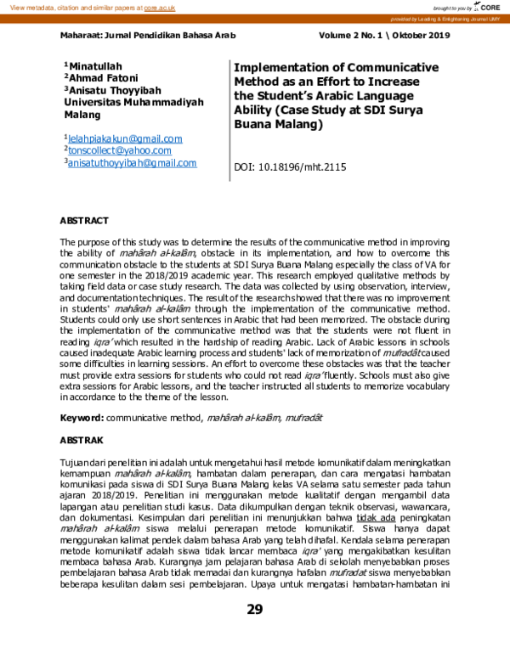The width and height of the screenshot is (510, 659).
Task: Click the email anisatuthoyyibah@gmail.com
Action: point(133,163)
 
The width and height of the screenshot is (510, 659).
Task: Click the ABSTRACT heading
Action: point(84,221)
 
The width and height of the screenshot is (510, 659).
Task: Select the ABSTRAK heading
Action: point(82,441)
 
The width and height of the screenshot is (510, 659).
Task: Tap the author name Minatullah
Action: point(95,65)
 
